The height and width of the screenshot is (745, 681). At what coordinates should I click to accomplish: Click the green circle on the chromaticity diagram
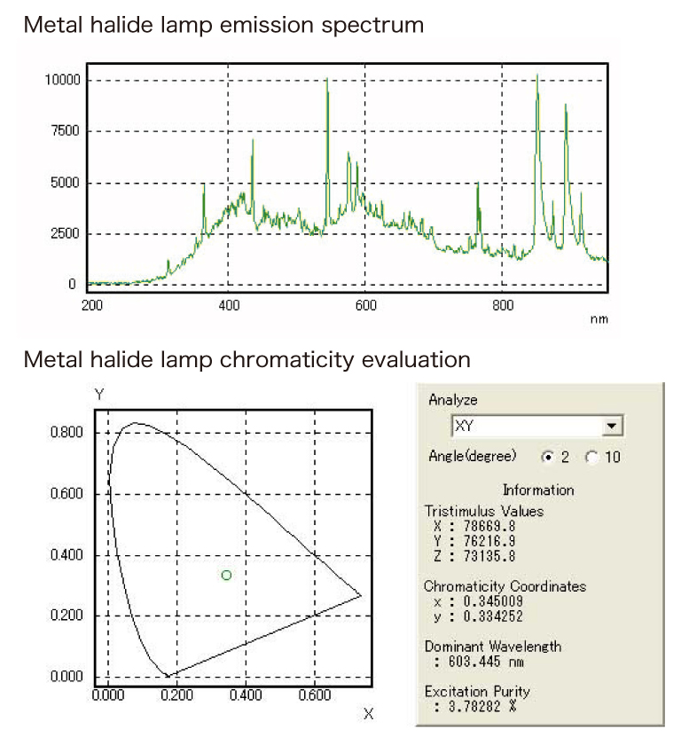tap(226, 575)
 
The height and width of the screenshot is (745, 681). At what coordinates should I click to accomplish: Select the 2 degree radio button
tap(547, 457)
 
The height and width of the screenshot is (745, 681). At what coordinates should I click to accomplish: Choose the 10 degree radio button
tap(591, 457)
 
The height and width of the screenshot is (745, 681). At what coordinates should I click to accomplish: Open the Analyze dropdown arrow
tap(612, 427)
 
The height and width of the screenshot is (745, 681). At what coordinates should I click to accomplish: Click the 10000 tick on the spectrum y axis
tap(62, 80)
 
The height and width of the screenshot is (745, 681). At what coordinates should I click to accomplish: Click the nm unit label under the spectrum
tap(599, 319)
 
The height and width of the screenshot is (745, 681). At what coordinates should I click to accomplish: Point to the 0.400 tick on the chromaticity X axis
tap(246, 694)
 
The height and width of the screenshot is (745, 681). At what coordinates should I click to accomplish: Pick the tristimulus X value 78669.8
tap(482, 526)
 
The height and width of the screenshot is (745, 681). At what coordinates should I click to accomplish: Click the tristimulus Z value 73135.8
tap(482, 556)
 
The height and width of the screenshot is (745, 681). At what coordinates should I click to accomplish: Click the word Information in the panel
tap(538, 490)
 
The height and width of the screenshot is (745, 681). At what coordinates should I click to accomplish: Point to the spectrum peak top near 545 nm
tap(327, 81)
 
